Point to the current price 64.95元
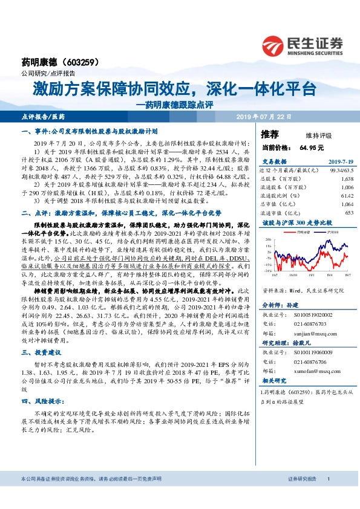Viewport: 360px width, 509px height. click(x=311, y=147)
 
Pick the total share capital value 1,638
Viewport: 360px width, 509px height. click(x=347, y=180)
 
